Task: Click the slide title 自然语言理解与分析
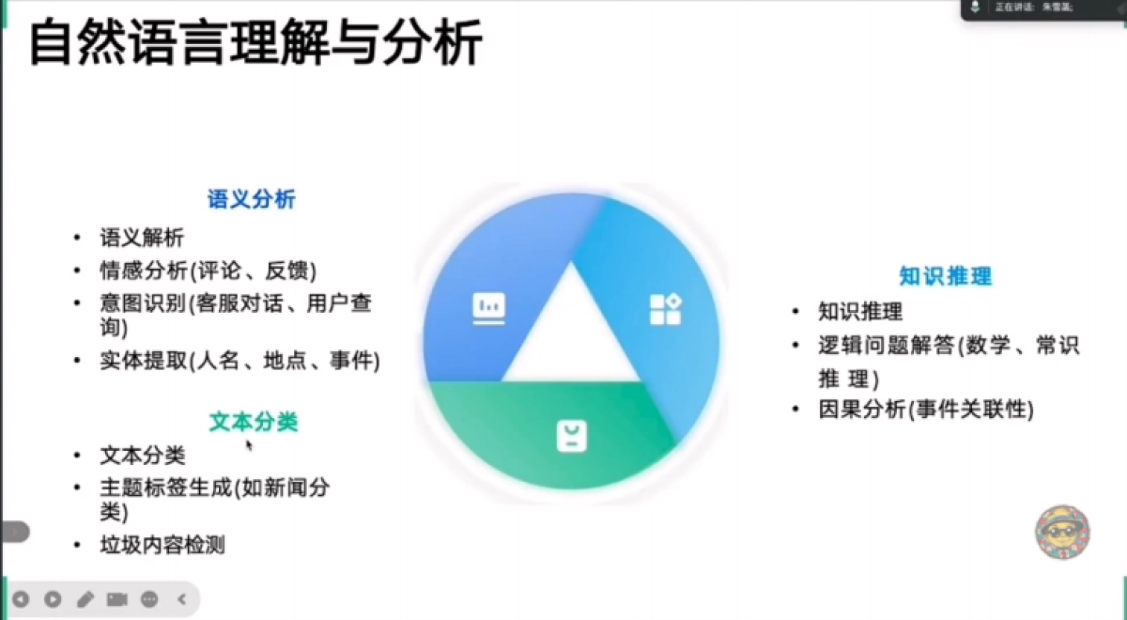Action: [255, 44]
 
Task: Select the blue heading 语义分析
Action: [251, 199]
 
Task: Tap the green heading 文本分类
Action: [253, 422]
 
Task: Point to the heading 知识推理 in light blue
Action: [945, 276]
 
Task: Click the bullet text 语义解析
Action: [142, 238]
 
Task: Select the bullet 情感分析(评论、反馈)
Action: [208, 271]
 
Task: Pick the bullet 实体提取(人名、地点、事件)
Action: [239, 361]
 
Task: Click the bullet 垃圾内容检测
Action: [162, 545]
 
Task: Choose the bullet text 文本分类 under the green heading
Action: [142, 456]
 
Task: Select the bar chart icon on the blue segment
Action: [488, 308]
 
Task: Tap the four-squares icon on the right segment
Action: [665, 309]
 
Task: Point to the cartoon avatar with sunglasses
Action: [1062, 533]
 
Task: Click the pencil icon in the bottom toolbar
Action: [85, 598]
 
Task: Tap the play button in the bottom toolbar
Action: [53, 598]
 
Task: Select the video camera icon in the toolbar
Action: [117, 598]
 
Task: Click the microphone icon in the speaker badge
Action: [976, 8]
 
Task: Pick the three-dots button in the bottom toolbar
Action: [149, 598]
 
